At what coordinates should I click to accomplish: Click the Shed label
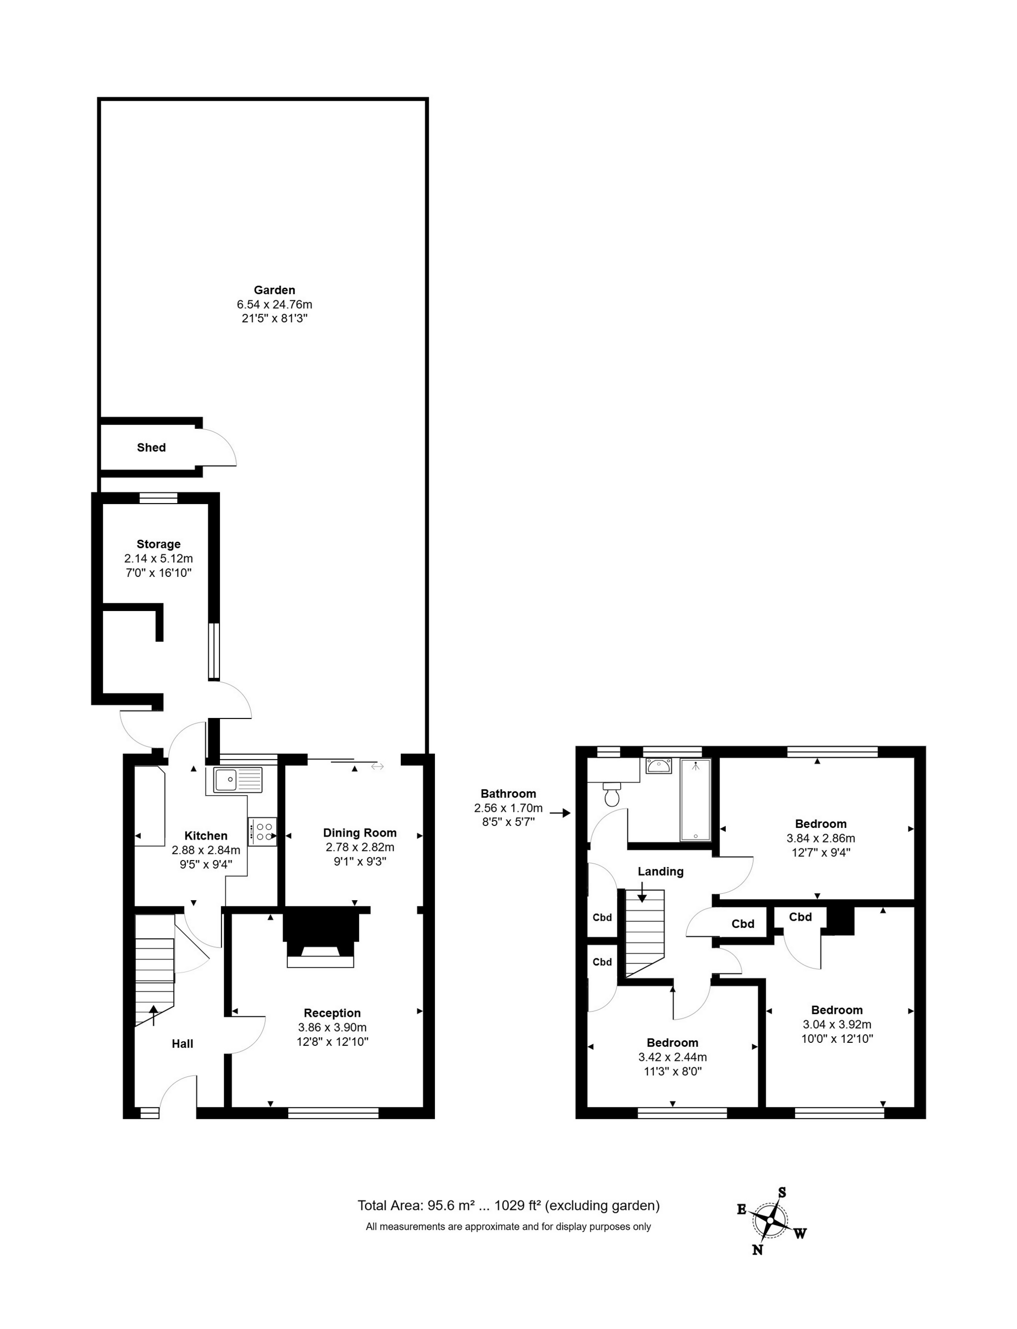click(x=151, y=447)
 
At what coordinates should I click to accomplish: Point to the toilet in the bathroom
click(x=612, y=795)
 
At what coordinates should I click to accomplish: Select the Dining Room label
click(x=360, y=833)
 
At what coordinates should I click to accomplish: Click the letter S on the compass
click(x=781, y=1192)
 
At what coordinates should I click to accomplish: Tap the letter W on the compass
click(x=800, y=1234)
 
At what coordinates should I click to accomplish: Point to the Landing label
click(x=660, y=872)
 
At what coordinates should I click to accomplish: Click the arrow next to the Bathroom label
click(x=563, y=813)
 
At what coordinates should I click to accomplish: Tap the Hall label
click(x=182, y=1043)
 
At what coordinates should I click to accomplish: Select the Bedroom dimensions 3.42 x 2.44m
click(x=672, y=1057)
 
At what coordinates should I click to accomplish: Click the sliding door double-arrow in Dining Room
click(x=377, y=767)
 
